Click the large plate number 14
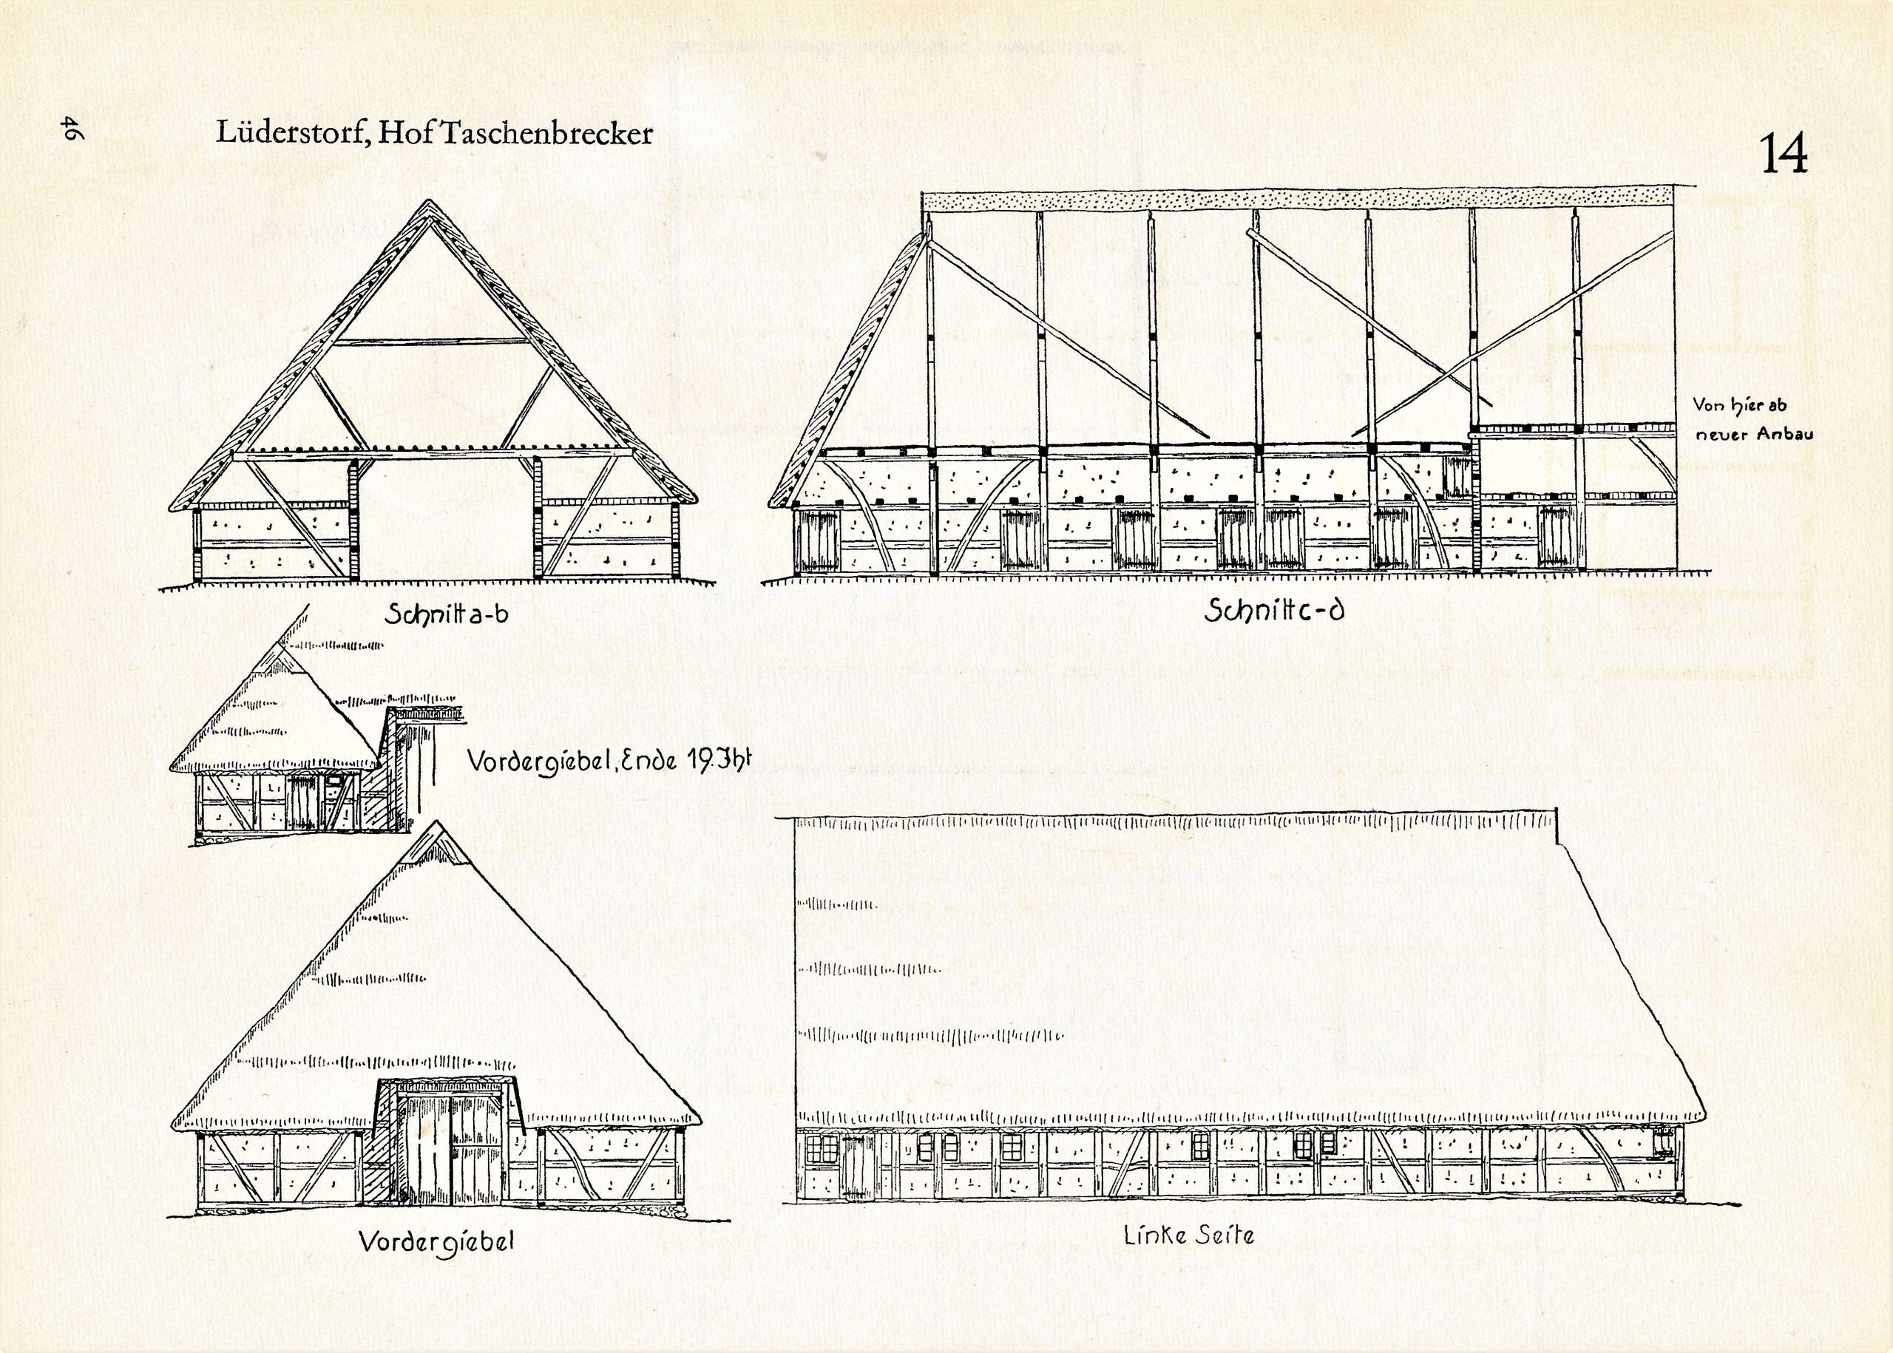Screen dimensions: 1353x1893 [1784, 154]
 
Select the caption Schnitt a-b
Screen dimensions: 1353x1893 [446, 616]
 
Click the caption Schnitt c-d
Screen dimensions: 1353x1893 [1275, 612]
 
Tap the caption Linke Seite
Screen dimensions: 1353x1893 [1188, 1235]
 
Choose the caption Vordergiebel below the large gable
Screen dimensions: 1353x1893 [436, 1242]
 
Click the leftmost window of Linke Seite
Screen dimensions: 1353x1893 [822, 1149]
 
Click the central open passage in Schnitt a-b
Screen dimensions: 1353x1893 [446, 517]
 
